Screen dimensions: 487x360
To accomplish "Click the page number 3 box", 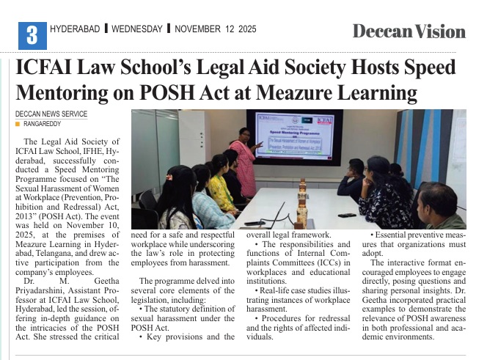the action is pyautogui.click(x=32, y=34).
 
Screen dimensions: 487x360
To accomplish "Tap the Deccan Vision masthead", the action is pyautogui.click(x=409, y=32).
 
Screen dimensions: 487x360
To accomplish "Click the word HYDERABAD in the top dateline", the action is pyautogui.click(x=75, y=29).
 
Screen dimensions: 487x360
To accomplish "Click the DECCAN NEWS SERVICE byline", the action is pyautogui.click(x=51, y=114).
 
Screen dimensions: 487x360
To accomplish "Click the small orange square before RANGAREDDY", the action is pyautogui.click(x=18, y=124).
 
